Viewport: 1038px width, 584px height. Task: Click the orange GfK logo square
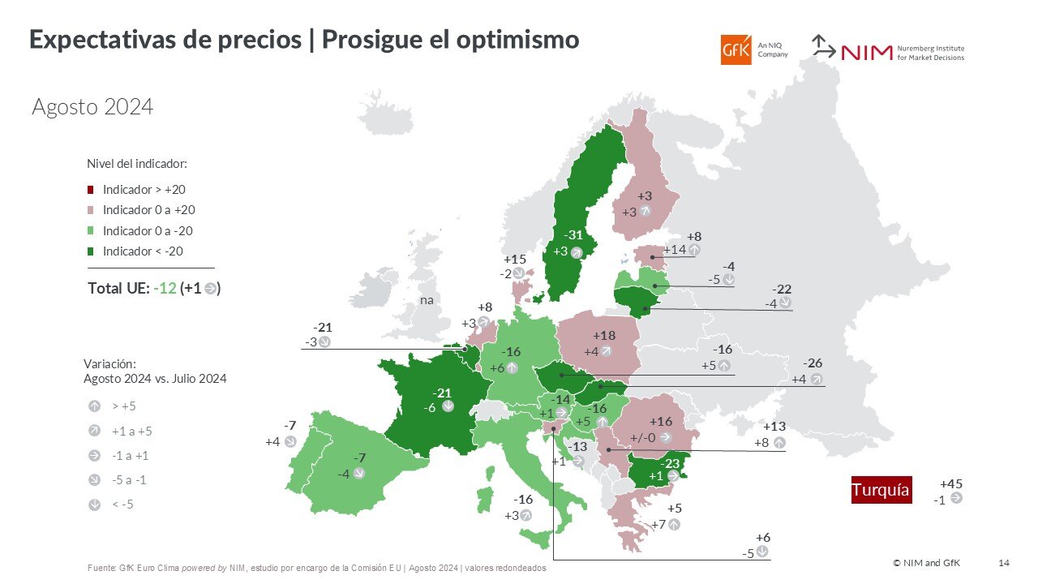click(x=736, y=49)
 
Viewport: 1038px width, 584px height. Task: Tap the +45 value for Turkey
click(x=950, y=484)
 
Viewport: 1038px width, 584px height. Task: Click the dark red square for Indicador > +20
click(x=91, y=190)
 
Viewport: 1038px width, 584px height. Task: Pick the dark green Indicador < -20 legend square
click(x=91, y=251)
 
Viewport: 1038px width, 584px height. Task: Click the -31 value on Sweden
click(x=573, y=235)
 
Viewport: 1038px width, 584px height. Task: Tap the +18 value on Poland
click(x=604, y=336)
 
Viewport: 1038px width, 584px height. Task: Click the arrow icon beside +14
click(x=694, y=250)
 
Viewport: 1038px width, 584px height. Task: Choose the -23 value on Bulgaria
click(x=669, y=463)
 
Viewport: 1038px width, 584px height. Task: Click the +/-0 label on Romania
click(x=644, y=437)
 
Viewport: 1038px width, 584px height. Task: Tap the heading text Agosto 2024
click(x=92, y=107)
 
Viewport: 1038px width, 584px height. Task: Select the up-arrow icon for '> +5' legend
click(x=95, y=406)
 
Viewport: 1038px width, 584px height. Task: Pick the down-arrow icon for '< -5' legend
click(x=95, y=505)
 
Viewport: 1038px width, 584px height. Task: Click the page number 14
click(x=1004, y=563)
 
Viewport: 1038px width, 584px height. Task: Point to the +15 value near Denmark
click(x=515, y=260)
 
